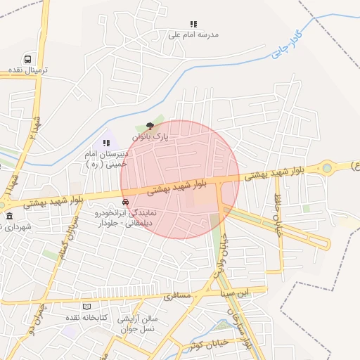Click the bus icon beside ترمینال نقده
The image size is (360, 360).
pos(27,60)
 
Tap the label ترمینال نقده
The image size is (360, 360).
pos(28,71)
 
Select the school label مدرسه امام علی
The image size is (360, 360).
pos(194,34)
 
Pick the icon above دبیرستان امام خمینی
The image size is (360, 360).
pos(107,142)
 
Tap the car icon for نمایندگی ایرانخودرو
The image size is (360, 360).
pos(126,201)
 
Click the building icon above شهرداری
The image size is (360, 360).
pos(9,216)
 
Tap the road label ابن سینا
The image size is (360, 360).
pos(233,292)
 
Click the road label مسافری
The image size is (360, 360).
pos(177,296)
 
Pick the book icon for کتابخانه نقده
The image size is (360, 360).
pos(87,307)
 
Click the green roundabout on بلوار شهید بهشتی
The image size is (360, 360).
pos(327,168)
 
